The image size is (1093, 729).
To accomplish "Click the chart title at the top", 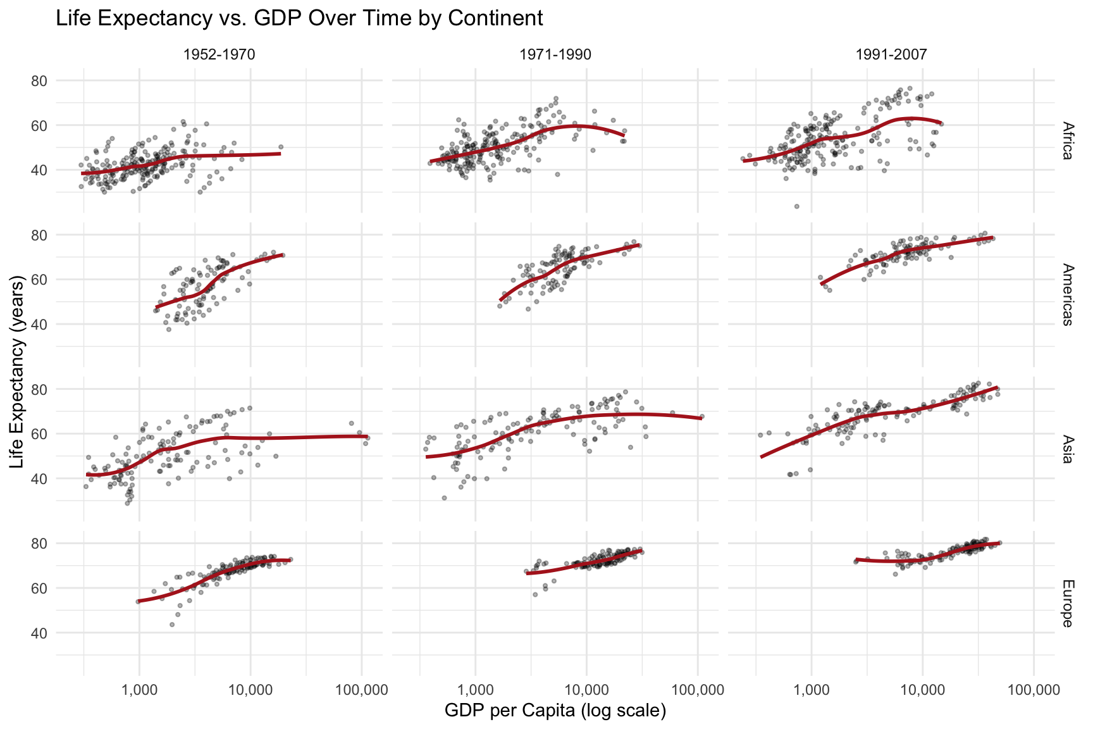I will (299, 18).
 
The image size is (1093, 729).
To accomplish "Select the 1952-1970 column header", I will (219, 55).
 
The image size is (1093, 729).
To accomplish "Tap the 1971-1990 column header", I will (555, 55).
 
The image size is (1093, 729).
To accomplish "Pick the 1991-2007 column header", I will (891, 55).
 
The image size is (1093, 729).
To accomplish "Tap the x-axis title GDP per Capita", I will (555, 711).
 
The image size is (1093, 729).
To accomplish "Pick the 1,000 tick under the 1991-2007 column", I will (811, 687).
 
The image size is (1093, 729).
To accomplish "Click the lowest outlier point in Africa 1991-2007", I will (796, 206).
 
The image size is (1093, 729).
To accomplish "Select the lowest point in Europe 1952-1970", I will (171, 625).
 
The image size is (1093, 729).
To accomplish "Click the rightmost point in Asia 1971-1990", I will (702, 416).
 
